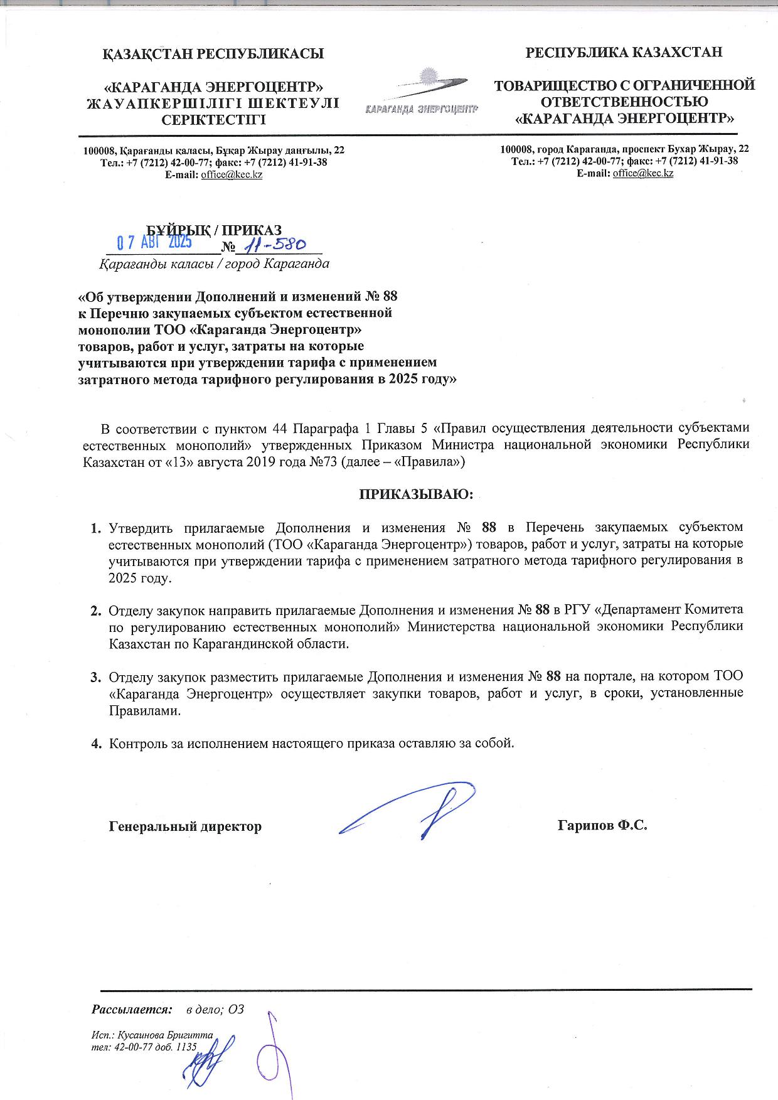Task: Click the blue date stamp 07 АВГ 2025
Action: point(155,242)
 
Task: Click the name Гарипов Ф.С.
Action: point(602,825)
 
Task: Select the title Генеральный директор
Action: point(185,826)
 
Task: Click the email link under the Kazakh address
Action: point(232,174)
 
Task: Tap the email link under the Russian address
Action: point(643,173)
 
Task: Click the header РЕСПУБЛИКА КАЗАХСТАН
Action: point(624,52)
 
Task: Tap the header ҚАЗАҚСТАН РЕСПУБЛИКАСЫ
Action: point(213,53)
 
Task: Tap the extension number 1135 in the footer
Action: point(187,1047)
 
